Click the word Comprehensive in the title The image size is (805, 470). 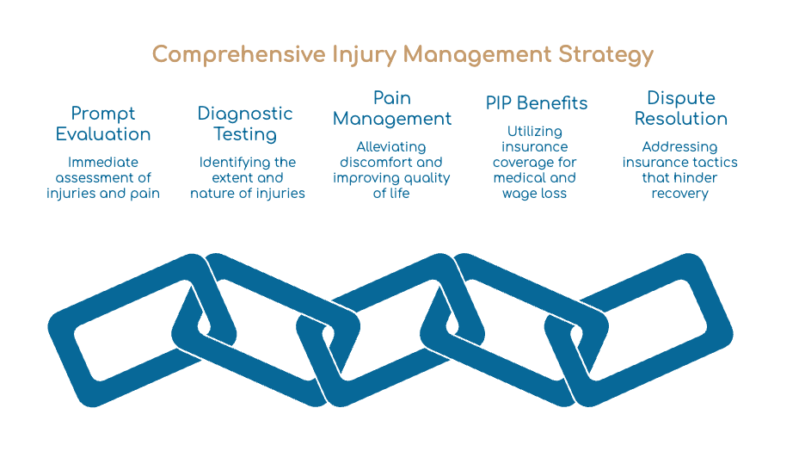click(x=239, y=55)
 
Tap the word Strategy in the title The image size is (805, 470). click(x=605, y=55)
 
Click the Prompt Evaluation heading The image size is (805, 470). click(x=103, y=124)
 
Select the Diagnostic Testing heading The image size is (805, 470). click(x=245, y=124)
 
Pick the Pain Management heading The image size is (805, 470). click(x=392, y=108)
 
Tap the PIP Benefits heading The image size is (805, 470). click(x=537, y=103)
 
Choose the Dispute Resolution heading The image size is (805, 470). click(x=681, y=108)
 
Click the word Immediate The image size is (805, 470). click(x=103, y=163)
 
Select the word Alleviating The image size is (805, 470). click(x=391, y=147)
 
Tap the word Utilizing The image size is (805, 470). click(x=534, y=132)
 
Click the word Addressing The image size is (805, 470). click(x=679, y=147)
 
